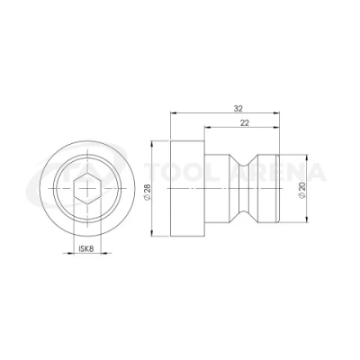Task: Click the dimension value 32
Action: point(238,109)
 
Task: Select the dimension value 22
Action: point(245,122)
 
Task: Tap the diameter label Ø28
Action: point(148,191)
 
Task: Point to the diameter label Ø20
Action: point(302,191)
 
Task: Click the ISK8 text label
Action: point(86,248)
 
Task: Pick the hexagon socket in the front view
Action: point(87,189)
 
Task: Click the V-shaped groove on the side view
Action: point(244,189)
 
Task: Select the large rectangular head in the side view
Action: point(187,188)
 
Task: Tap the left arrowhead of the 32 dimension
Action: point(174,113)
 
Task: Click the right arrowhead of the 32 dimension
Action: point(276,113)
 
